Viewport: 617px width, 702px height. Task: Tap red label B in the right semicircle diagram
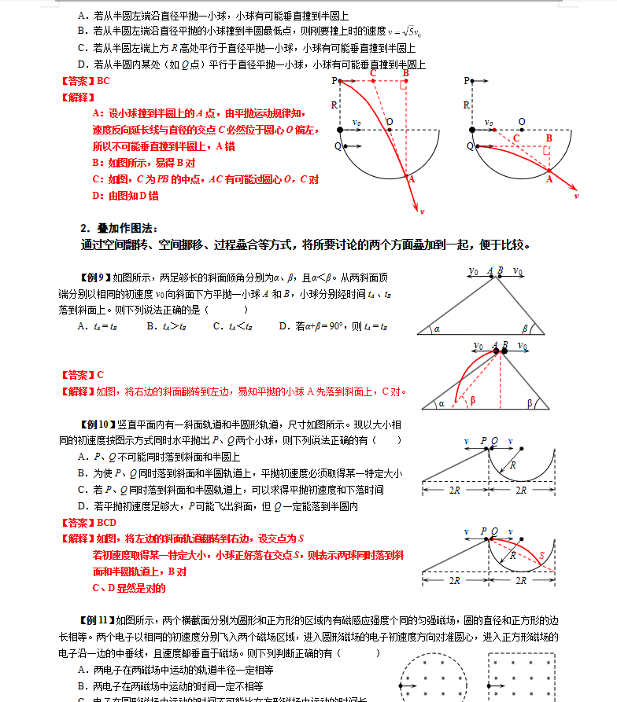tap(549, 138)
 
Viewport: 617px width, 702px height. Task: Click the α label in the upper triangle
tap(437, 329)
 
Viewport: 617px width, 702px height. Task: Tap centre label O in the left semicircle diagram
tap(389, 122)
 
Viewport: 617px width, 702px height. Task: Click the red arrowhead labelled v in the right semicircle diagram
tap(577, 194)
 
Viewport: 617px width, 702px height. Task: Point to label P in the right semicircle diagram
tap(467, 80)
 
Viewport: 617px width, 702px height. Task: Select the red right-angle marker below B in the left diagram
tap(402, 86)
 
